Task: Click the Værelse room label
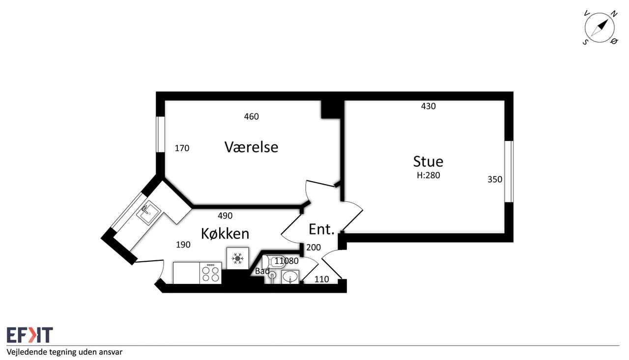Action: [x=251, y=147]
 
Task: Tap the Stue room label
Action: [x=428, y=162]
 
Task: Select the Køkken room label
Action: [x=225, y=233]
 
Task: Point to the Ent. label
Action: [x=321, y=229]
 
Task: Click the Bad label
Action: [x=262, y=271]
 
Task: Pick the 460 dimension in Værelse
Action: [x=251, y=116]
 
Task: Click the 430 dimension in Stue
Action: [x=428, y=106]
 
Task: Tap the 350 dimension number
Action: [x=495, y=179]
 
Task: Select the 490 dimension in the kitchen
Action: [x=225, y=216]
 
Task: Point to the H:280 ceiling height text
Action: [x=428, y=175]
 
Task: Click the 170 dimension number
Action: [x=182, y=148]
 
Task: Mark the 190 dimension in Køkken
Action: [x=183, y=245]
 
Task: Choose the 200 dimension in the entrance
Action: [x=314, y=248]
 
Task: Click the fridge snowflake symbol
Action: [x=237, y=258]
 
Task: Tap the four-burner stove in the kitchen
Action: [x=211, y=273]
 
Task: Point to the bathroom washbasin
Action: [x=290, y=277]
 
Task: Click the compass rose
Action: [x=600, y=28]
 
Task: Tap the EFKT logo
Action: [x=30, y=335]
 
